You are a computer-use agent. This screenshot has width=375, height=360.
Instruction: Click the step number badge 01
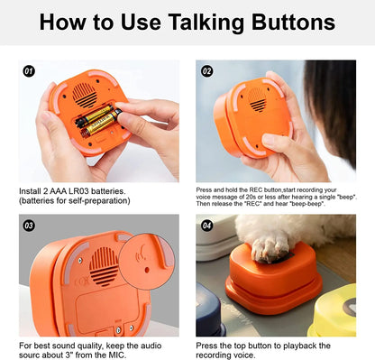coord(28,70)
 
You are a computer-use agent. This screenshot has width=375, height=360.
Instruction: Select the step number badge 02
coord(206,70)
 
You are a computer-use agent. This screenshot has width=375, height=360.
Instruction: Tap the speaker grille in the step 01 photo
coord(86,93)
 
